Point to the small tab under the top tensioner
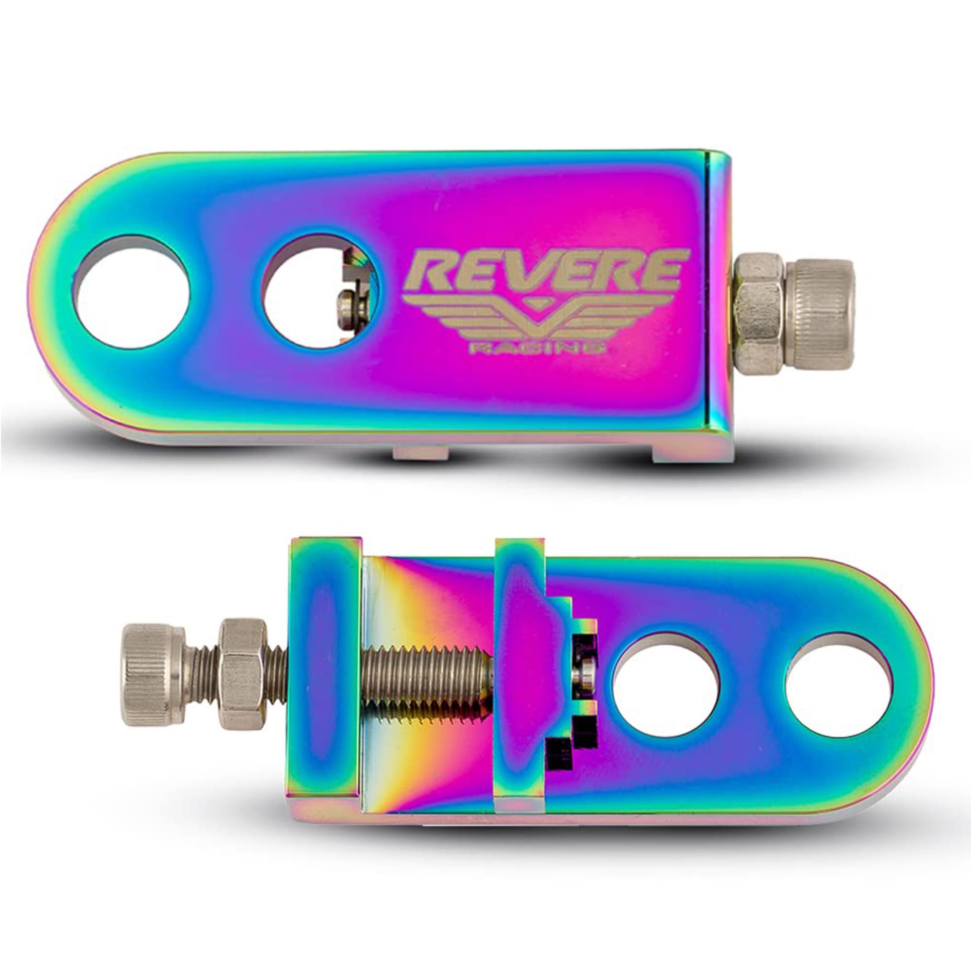click(x=420, y=452)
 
